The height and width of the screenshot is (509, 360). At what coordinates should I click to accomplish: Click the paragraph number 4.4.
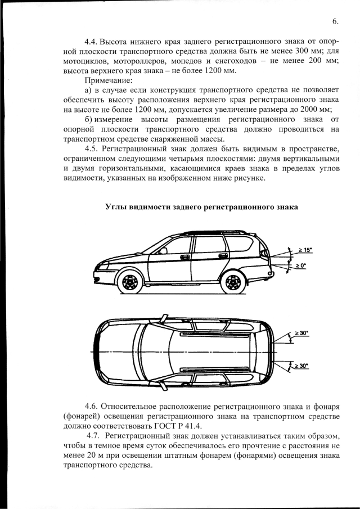pyautogui.click(x=92, y=43)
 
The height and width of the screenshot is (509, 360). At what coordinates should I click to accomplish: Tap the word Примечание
pyautogui.click(x=107, y=81)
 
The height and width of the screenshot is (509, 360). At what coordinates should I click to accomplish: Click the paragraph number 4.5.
pyautogui.click(x=92, y=148)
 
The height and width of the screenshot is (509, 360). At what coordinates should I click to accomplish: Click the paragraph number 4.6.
pyautogui.click(x=92, y=406)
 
